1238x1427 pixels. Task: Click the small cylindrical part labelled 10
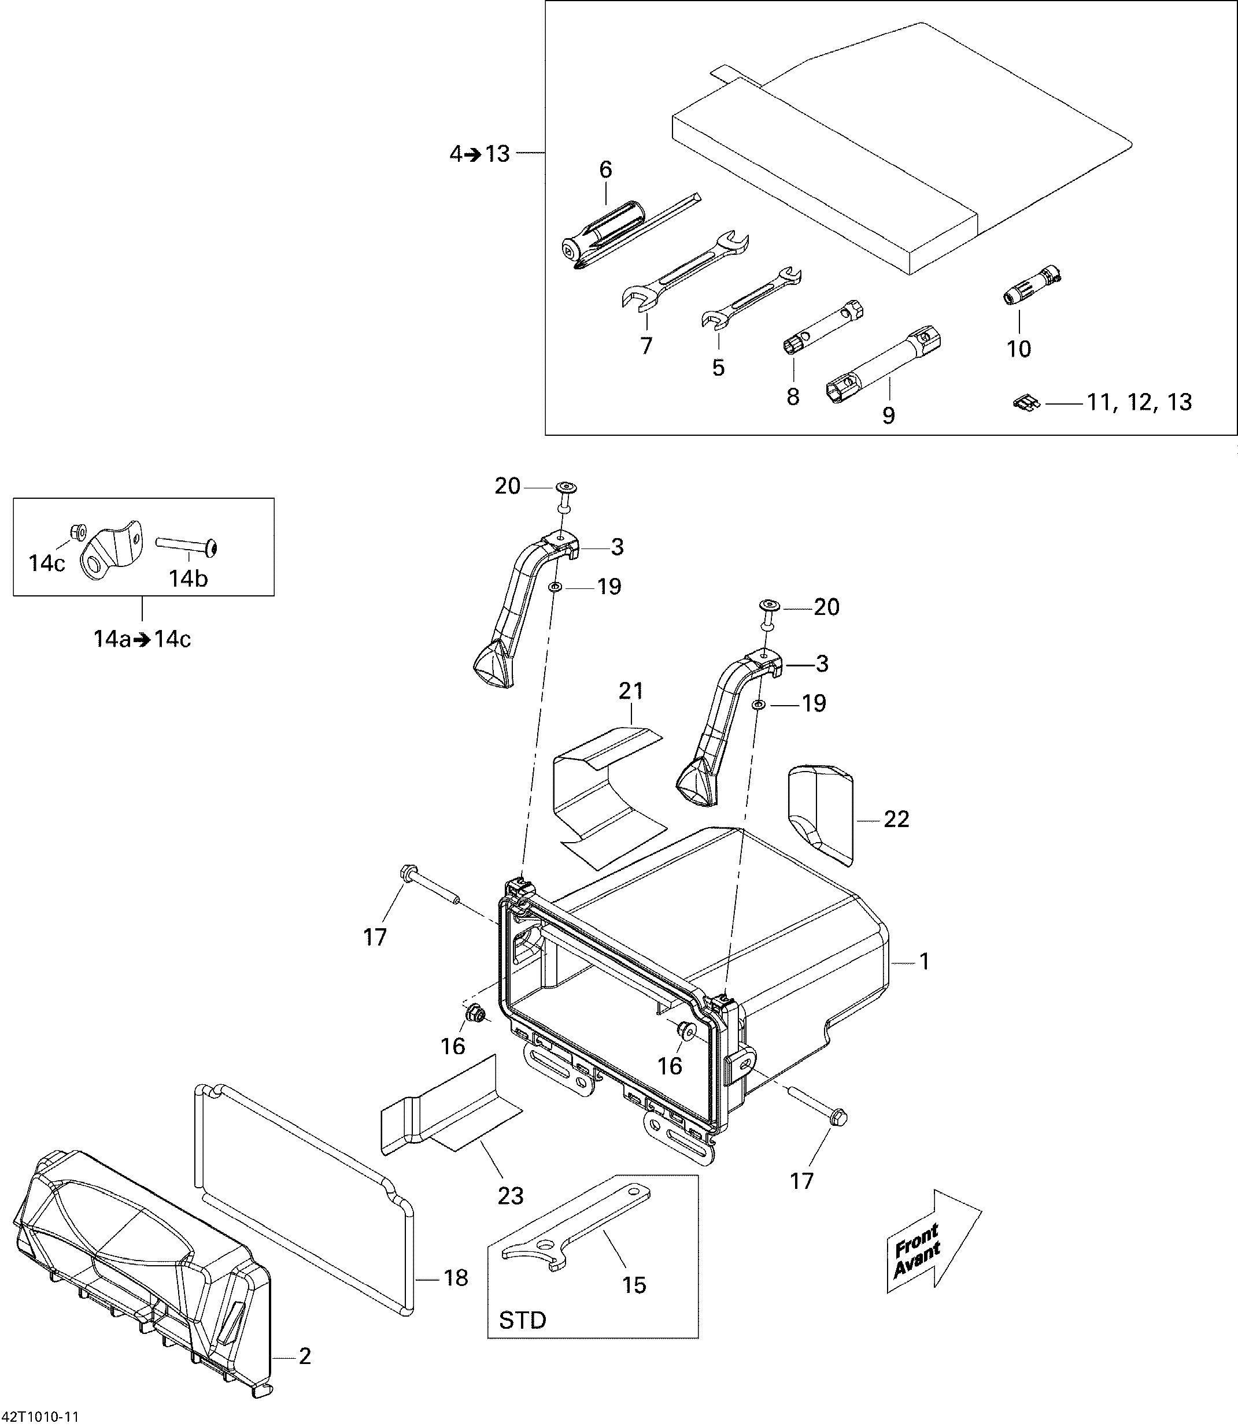coord(1032,283)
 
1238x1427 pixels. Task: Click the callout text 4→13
coord(479,153)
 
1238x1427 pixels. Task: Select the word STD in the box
coord(522,1320)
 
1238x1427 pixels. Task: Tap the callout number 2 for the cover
coord(305,1356)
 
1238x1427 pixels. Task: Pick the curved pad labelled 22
coord(820,814)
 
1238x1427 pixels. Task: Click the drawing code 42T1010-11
coord(40,1417)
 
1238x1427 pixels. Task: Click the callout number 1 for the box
coord(925,961)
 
